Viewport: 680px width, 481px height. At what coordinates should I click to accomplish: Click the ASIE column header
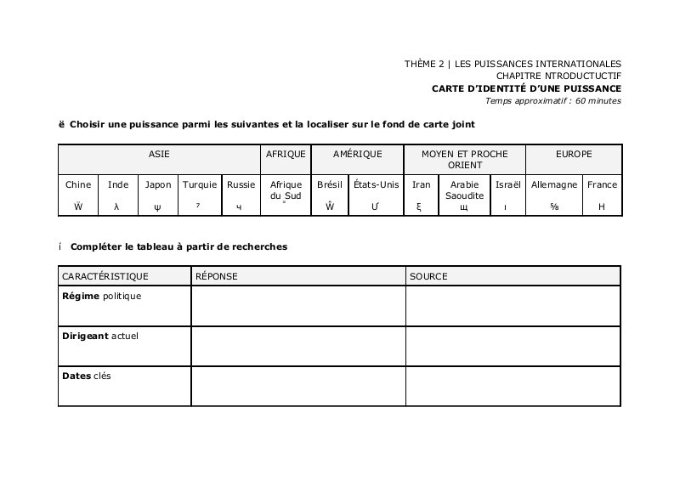tap(159, 154)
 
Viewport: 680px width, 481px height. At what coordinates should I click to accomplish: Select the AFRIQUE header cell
tap(286, 154)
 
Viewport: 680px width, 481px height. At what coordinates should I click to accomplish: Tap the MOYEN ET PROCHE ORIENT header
tap(464, 159)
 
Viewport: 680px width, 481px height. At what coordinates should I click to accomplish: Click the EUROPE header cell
tap(574, 154)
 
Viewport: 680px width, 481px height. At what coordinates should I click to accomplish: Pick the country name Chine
tap(78, 184)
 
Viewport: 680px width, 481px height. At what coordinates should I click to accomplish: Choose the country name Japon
tap(158, 184)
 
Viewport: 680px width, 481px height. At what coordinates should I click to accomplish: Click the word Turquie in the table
tap(200, 184)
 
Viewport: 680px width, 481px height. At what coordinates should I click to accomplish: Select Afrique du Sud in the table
tap(286, 190)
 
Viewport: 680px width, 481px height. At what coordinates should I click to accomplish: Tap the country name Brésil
tap(329, 184)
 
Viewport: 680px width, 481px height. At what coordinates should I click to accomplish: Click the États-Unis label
tap(376, 184)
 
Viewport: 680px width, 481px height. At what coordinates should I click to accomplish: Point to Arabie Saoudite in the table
tap(464, 190)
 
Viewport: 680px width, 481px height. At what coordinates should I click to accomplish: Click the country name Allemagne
tap(554, 184)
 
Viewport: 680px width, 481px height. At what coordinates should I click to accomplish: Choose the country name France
tap(602, 184)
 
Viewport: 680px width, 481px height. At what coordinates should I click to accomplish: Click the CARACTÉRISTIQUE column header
tap(105, 276)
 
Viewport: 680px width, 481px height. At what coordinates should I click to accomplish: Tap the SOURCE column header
tap(428, 276)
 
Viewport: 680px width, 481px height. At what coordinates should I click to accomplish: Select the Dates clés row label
tap(87, 376)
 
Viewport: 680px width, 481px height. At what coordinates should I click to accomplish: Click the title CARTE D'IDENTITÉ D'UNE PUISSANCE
tap(526, 88)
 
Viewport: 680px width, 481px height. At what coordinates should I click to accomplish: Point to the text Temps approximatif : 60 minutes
tap(552, 100)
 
